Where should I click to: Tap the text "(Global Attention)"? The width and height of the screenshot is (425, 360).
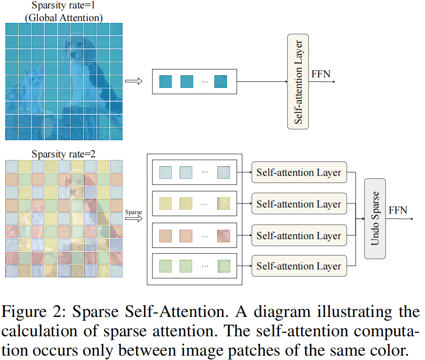64,18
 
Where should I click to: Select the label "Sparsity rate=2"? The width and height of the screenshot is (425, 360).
64,154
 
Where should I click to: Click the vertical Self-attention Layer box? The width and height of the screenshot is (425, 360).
298,81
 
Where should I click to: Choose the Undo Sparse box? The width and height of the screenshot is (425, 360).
375,218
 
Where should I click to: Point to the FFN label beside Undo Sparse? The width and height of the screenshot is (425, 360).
398,210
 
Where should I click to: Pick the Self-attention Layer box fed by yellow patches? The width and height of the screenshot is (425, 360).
299,204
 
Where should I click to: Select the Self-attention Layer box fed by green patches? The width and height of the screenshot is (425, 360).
299,265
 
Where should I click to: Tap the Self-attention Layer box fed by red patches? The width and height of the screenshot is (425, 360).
299,236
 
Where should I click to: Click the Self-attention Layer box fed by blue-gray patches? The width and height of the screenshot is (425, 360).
299,172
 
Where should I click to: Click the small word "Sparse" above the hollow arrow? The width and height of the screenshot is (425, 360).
133,212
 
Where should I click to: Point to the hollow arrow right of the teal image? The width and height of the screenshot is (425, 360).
133,81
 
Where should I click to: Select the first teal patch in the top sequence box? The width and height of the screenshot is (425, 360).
166,81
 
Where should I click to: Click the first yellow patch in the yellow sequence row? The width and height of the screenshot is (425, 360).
166,204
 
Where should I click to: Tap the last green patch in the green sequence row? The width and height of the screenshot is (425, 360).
223,265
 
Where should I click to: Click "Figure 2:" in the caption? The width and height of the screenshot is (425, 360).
33,312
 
